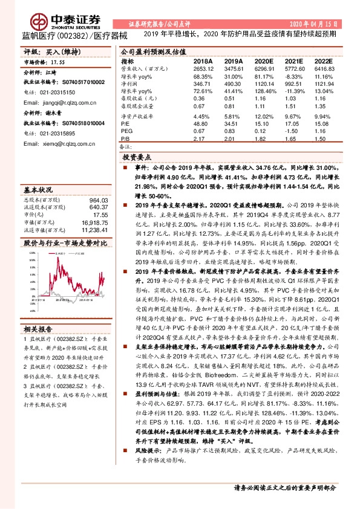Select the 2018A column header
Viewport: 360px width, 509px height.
[203, 62]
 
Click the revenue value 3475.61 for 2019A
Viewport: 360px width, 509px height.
[233, 70]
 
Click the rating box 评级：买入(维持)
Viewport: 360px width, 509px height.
[46, 53]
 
